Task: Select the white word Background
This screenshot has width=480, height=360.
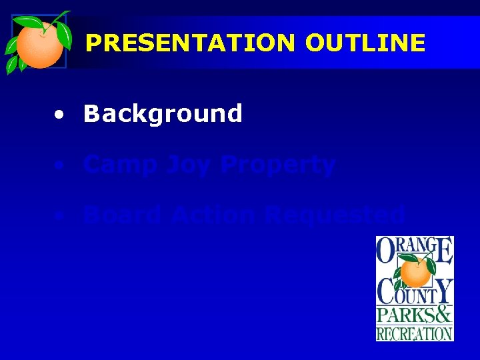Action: tap(163, 114)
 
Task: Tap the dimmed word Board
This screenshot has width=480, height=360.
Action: tap(122, 215)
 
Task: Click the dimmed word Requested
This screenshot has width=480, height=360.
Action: tap(335, 215)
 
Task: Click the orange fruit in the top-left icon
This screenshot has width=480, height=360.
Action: tap(39, 45)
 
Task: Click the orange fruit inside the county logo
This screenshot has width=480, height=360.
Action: tap(415, 272)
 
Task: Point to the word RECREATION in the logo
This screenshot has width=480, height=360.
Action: tap(415, 332)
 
